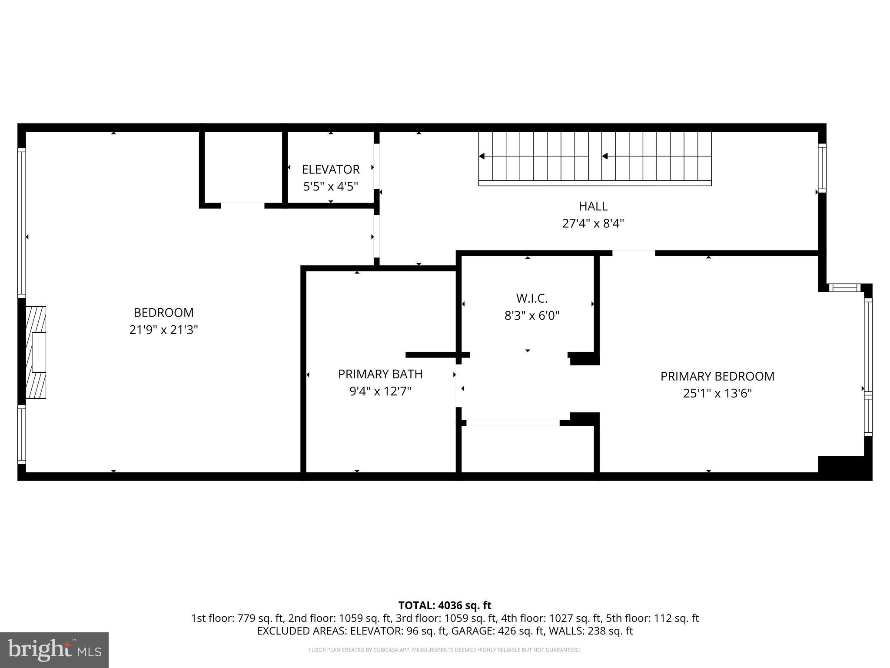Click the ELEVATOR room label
click(x=331, y=169)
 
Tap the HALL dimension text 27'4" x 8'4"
click(x=593, y=224)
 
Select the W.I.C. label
click(x=531, y=298)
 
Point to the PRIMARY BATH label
click(x=380, y=374)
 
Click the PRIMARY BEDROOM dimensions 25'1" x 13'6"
click(x=717, y=394)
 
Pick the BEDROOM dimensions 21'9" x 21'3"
click(x=163, y=330)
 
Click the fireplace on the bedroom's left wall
click(x=36, y=352)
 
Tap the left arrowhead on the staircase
click(x=482, y=156)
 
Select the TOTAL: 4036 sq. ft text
click(x=445, y=605)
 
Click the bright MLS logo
click(x=54, y=650)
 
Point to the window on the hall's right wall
click(x=822, y=168)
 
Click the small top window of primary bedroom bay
click(x=844, y=287)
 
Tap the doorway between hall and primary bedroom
click(x=634, y=253)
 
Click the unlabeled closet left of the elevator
click(x=242, y=167)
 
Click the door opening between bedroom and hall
click(x=376, y=237)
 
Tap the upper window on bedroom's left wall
click(x=21, y=223)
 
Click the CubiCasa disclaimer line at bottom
click(x=445, y=650)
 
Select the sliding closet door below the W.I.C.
click(x=513, y=422)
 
